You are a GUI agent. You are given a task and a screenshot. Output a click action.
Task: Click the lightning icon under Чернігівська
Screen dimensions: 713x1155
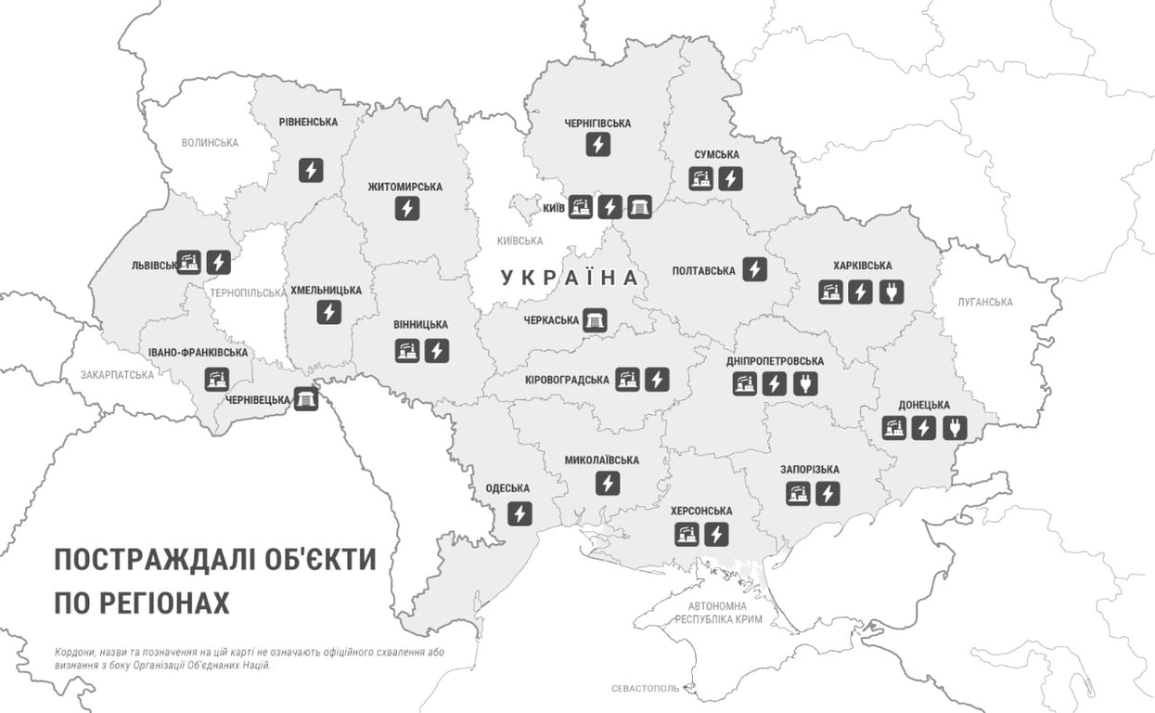[598, 145]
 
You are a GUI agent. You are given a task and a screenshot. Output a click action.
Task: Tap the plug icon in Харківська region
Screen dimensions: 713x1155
[891, 292]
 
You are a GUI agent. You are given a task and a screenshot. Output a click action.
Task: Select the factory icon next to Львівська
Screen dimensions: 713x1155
[189, 263]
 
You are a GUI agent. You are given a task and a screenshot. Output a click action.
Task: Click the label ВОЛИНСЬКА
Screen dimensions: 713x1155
[210, 143]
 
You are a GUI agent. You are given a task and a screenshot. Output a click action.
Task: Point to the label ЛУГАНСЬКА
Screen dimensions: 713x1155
[985, 303]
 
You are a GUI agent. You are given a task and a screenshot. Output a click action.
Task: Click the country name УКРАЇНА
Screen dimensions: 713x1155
[570, 278]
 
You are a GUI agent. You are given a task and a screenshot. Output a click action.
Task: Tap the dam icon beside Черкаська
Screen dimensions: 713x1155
[595, 320]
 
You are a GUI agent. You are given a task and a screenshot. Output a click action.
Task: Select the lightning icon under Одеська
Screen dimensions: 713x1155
[520, 512]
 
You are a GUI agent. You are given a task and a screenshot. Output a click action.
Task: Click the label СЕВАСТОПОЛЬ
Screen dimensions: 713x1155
[645, 689]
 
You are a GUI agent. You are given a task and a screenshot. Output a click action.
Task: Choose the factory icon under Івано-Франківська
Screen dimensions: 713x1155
[216, 378]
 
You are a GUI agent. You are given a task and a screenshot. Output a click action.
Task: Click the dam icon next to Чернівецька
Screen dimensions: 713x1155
[305, 399]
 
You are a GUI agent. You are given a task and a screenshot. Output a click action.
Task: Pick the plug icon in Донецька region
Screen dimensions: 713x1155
[955, 427]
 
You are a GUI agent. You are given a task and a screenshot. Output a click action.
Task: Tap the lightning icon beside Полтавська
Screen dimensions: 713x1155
[755, 270]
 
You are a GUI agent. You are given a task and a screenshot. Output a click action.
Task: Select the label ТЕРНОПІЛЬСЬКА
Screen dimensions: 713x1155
[249, 292]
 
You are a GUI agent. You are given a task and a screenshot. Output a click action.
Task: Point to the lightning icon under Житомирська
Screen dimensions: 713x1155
[406, 209]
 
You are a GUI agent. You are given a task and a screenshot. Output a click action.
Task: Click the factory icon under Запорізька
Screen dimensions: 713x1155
[796, 493]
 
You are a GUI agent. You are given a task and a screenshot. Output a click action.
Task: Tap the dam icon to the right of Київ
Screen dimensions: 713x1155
[640, 206]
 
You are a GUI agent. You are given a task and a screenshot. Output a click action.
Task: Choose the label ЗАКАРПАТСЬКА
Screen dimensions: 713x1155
[118, 375]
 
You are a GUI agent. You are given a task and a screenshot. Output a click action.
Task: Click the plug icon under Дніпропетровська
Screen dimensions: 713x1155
[805, 383]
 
